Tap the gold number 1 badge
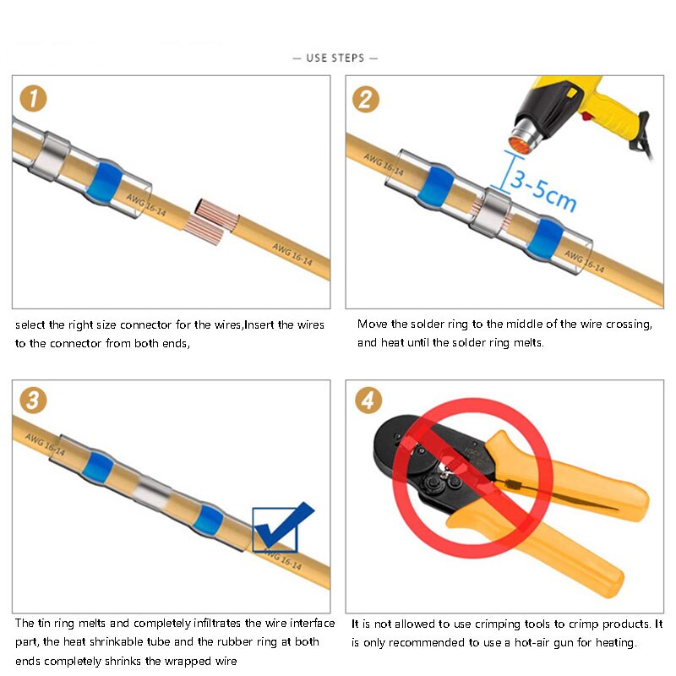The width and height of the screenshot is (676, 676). click(x=33, y=99)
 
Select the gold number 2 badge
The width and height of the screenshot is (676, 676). click(x=366, y=99)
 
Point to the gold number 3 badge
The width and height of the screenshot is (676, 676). click(x=33, y=400)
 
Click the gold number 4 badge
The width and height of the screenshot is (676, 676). click(x=366, y=400)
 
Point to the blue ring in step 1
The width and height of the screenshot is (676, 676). click(x=106, y=179)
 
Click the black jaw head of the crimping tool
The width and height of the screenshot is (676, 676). click(x=414, y=456)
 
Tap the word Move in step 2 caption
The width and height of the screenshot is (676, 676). click(x=373, y=324)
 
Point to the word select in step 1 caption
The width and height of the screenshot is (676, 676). click(x=30, y=324)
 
